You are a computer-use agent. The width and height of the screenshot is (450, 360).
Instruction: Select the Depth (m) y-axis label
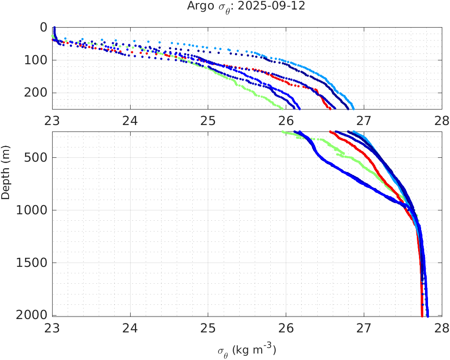click(x=6, y=177)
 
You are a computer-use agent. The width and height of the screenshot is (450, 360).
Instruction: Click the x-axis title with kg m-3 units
click(x=247, y=350)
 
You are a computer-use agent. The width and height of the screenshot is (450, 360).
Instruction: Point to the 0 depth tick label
click(x=44, y=28)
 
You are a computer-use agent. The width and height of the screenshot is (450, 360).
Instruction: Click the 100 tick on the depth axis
click(x=36, y=60)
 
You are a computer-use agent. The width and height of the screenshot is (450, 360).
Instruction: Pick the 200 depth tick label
click(x=36, y=93)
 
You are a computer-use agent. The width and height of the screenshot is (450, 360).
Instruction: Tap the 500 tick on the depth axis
click(x=36, y=157)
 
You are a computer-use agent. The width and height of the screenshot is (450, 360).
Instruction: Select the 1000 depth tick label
click(x=32, y=210)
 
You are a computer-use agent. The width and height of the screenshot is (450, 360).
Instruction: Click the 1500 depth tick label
click(x=32, y=263)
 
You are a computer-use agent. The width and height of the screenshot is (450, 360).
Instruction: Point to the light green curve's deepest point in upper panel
click(x=282, y=108)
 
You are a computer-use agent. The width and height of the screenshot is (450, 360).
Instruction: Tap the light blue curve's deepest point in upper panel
click(x=353, y=108)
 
